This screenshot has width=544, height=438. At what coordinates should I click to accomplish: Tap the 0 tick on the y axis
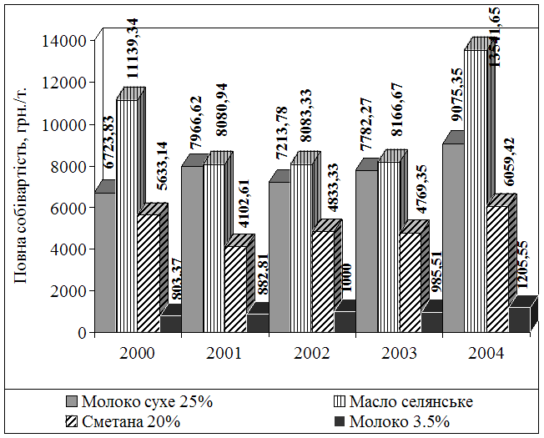coord(82,332)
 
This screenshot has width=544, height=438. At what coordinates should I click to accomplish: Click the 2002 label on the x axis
coord(311,353)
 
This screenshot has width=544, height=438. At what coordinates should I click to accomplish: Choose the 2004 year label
coord(486,353)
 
